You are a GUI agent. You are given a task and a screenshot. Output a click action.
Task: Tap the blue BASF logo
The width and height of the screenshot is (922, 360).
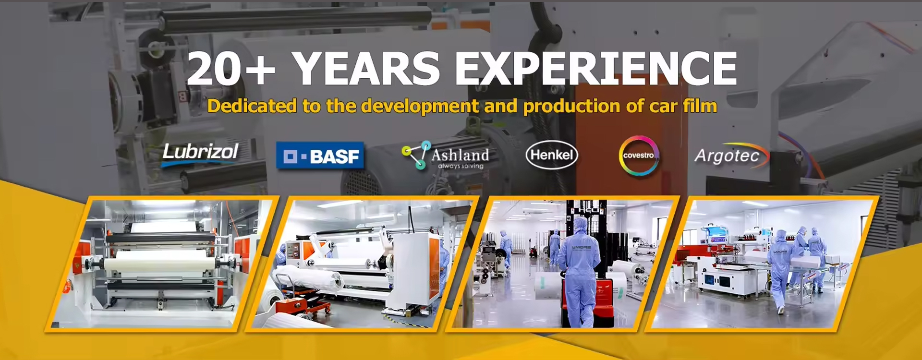(x=320, y=156)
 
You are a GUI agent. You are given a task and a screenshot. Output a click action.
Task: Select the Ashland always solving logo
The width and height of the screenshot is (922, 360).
(x=445, y=155)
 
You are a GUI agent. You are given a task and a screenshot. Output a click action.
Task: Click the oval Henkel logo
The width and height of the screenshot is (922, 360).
(x=552, y=155)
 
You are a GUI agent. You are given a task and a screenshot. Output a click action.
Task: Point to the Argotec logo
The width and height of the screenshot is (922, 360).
(x=731, y=156)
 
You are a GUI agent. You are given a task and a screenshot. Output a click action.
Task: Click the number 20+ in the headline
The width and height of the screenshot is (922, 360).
(x=231, y=69)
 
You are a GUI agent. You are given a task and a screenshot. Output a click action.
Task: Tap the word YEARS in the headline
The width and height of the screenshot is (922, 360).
(x=366, y=68)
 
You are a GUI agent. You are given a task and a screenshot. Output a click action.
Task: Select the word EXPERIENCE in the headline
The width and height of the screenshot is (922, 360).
(x=595, y=68)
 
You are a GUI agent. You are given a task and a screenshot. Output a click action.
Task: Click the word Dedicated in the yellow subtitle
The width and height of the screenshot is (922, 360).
(x=252, y=106)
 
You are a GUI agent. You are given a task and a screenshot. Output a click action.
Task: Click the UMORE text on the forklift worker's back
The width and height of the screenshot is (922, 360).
(x=581, y=247)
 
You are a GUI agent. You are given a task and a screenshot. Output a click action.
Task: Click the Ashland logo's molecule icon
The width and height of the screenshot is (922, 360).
(x=416, y=155)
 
